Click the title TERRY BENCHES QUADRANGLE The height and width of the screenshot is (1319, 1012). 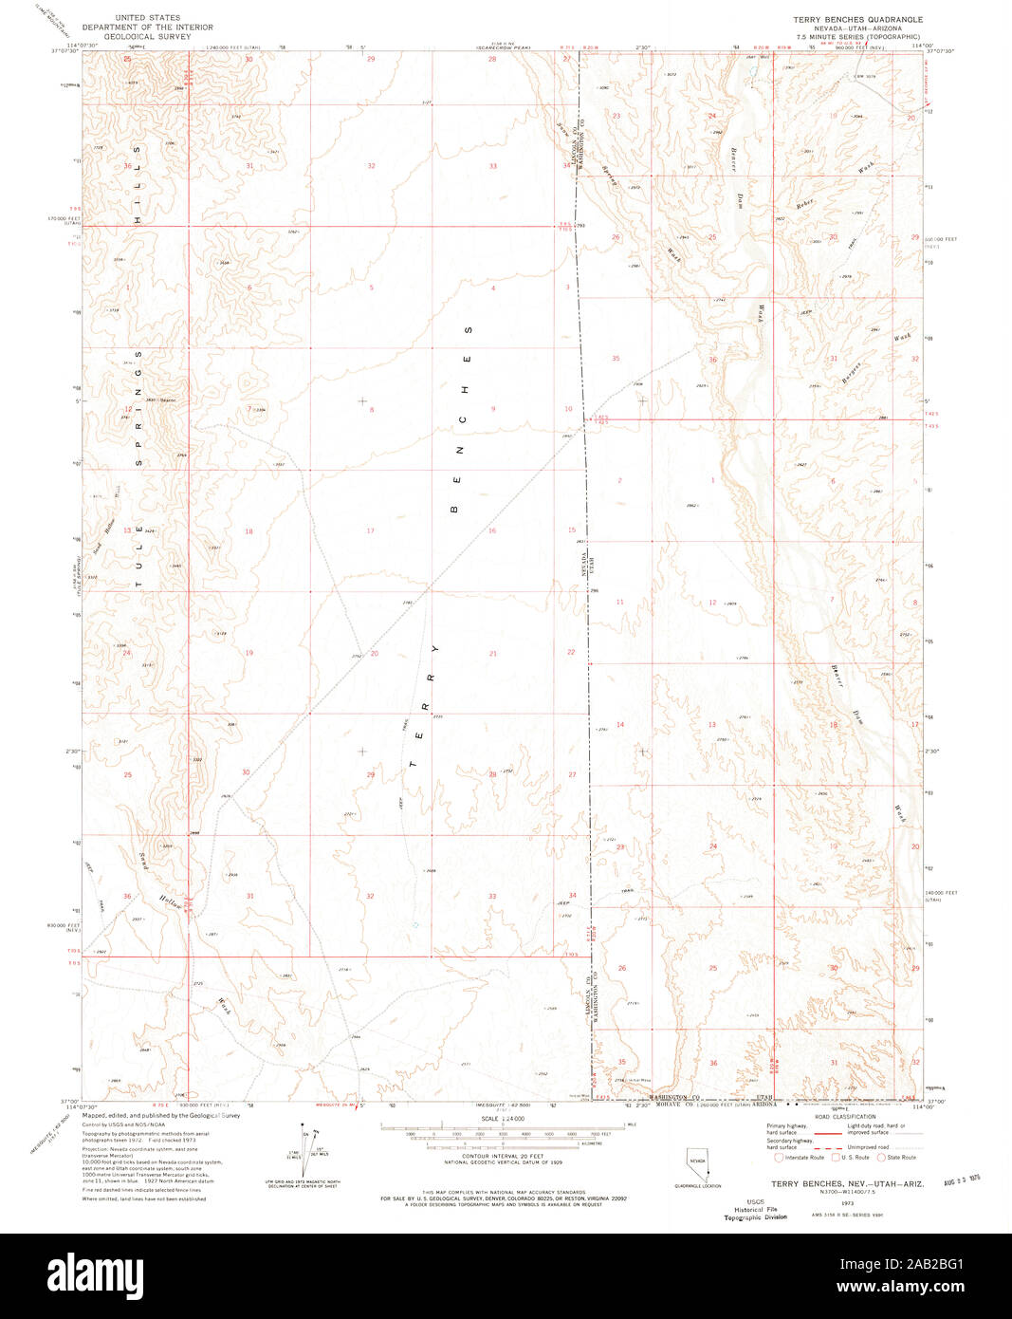[857, 19]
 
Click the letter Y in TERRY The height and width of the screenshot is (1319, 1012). [435, 649]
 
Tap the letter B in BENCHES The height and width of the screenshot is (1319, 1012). [454, 510]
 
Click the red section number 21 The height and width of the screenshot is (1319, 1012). [493, 654]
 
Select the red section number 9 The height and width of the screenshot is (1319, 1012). [493, 409]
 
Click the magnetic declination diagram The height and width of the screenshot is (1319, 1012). [305, 1150]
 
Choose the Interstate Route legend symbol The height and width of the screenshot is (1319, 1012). [780, 1157]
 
